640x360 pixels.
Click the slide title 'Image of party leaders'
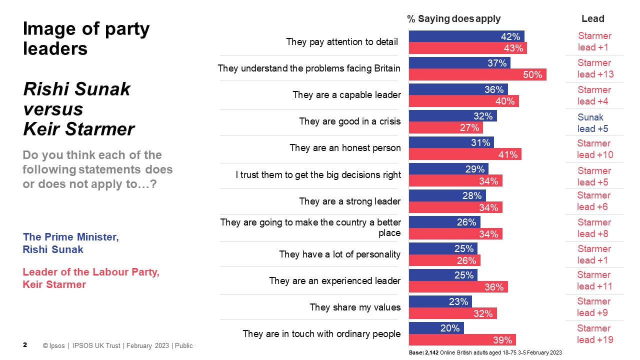click(86, 38)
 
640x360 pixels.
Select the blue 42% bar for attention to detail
click(466, 36)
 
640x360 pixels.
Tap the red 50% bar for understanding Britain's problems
click(477, 74)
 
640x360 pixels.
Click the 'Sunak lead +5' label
click(593, 123)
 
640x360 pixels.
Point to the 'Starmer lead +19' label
click(594, 334)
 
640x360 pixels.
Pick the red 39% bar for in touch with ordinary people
click(462, 340)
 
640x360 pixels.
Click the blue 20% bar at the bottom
click(436, 328)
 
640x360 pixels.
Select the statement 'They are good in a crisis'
click(349, 121)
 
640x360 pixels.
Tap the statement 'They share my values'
click(355, 307)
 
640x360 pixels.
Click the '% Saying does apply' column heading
click(453, 19)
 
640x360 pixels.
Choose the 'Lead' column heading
click(593, 19)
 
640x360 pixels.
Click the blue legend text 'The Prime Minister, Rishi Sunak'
click(71, 243)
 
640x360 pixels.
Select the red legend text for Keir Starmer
click(90, 278)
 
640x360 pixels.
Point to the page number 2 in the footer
click(25, 345)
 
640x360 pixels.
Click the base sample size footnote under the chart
click(485, 352)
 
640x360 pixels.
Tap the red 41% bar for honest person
click(464, 154)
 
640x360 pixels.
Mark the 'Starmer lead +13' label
click(594, 68)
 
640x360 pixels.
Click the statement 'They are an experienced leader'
click(334, 281)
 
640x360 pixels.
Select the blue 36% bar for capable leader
click(458, 89)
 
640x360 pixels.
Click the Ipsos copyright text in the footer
click(117, 345)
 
